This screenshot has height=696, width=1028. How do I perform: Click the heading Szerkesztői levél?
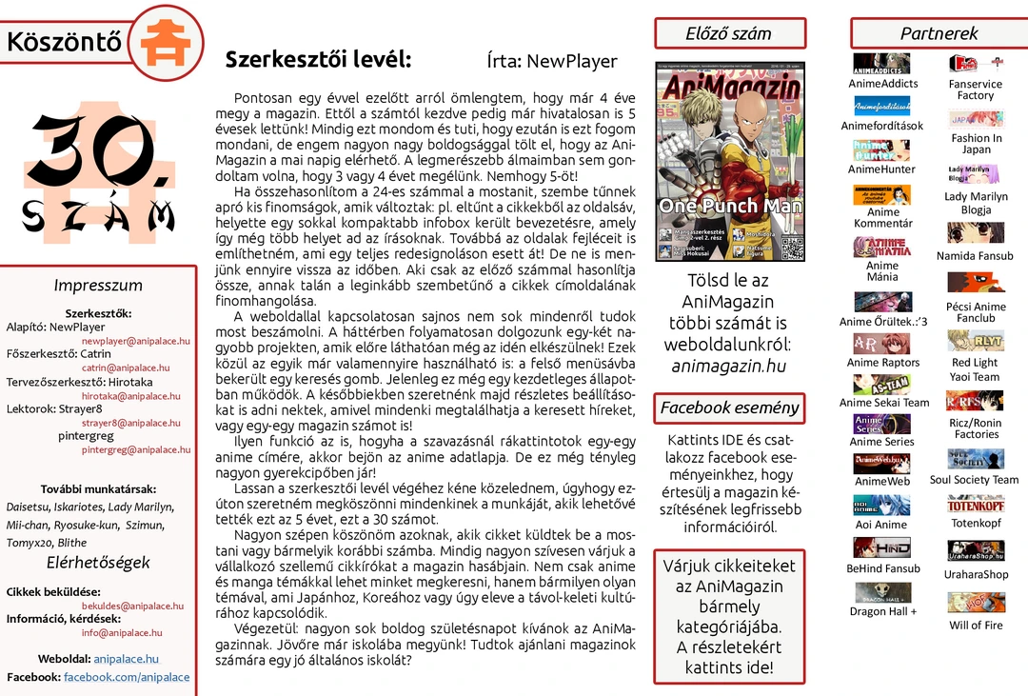coord(318,60)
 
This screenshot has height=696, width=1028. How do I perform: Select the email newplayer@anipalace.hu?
coord(135,341)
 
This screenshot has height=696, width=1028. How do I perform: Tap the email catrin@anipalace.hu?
coord(126,368)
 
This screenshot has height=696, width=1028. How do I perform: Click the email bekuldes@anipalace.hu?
coord(132,606)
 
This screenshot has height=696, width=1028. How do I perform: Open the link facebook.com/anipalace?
coord(127,677)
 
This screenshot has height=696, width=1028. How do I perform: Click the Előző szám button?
coord(728,33)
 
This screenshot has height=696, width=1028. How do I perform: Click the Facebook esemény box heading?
coord(729,408)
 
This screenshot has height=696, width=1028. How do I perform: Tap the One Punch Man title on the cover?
coord(730,206)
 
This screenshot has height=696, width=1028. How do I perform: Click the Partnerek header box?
coord(939,33)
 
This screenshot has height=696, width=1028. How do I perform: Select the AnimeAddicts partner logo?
coord(880,64)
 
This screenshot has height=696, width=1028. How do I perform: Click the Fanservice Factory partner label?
coord(975,89)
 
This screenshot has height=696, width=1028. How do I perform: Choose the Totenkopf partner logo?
coord(976,506)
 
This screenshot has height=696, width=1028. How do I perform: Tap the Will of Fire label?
coord(976,626)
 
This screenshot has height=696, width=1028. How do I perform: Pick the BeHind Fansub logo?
coord(881,547)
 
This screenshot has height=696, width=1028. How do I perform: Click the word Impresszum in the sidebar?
coord(98,286)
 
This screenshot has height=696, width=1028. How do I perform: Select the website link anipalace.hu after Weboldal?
coord(127,659)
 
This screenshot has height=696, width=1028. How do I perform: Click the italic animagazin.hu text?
coord(728,366)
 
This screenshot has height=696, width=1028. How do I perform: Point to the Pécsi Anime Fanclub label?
coord(976,312)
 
